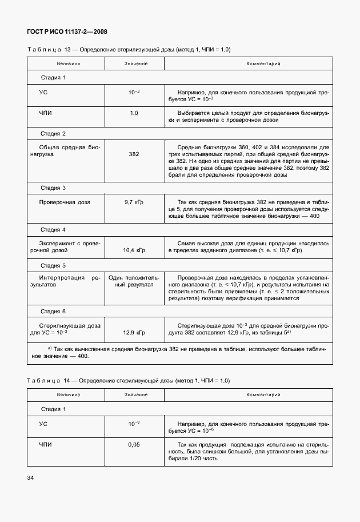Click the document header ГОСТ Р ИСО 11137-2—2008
67,32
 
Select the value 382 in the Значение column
134,154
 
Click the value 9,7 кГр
134,202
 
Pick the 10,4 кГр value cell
134,250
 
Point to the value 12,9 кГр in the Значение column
134,332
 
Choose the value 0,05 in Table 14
134,444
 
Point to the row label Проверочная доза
64,202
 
